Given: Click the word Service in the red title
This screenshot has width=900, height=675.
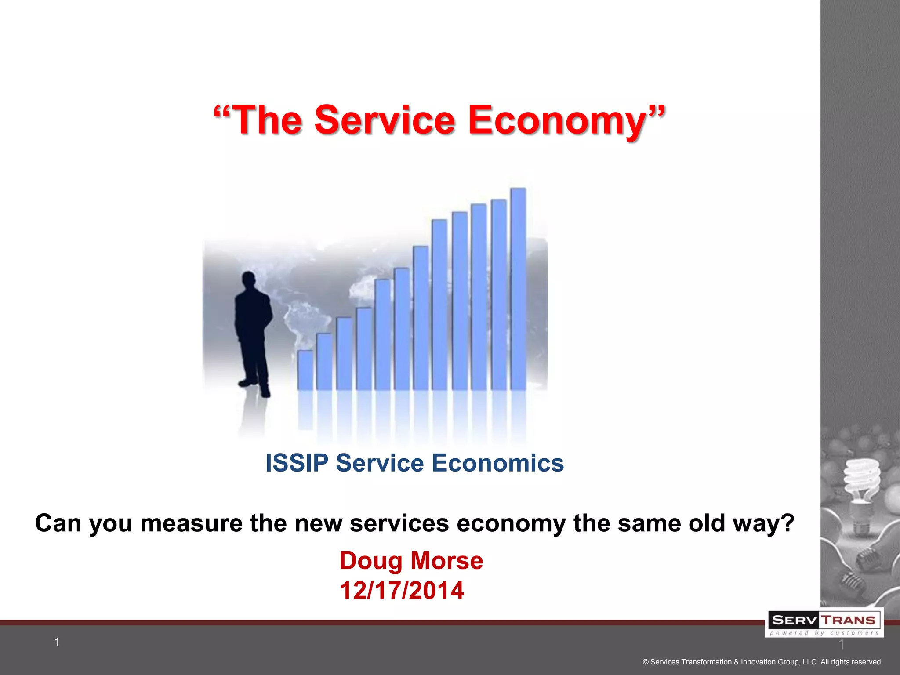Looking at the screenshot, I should [x=385, y=120].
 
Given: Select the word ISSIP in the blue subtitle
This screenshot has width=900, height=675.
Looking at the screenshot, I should [x=297, y=463].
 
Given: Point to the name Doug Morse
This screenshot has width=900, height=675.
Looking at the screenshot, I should [x=411, y=561].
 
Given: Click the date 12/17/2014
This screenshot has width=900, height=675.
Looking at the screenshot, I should [x=401, y=590].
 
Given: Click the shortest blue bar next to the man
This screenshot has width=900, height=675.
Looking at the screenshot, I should [x=305, y=370].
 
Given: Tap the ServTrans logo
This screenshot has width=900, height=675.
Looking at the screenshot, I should [x=824, y=623].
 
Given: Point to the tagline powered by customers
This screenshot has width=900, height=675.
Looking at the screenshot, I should [x=824, y=633].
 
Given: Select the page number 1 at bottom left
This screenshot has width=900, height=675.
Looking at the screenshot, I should [x=57, y=642].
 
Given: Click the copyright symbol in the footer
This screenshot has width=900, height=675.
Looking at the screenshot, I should [x=646, y=662].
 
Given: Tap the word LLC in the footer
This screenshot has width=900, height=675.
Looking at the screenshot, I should [x=809, y=662].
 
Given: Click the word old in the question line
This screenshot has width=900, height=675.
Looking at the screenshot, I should [x=707, y=523].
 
